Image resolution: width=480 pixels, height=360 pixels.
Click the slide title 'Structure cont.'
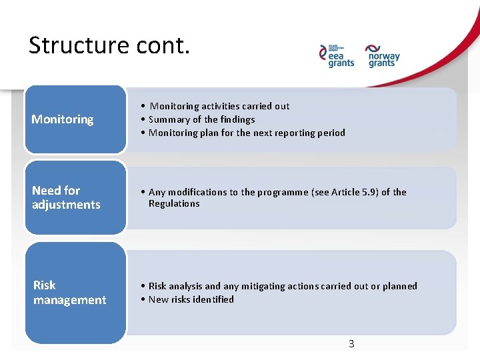109,45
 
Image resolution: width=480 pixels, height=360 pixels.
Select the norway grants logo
383,56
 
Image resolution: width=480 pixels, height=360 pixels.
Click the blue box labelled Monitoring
75,120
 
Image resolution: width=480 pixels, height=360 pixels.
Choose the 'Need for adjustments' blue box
75,198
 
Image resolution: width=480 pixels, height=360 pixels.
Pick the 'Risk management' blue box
75,293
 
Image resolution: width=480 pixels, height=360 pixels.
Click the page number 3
351,344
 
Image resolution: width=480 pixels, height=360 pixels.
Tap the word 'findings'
237,119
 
